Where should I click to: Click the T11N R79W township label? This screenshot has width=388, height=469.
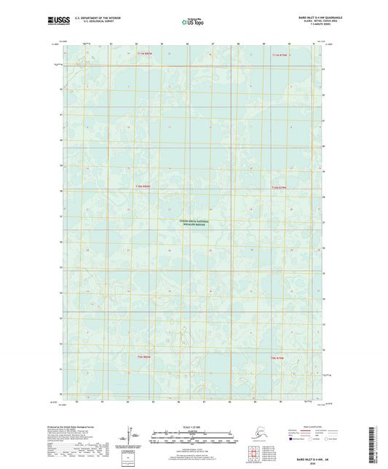coord(281,55)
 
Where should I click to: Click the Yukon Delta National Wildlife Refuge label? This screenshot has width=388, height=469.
coord(194,224)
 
